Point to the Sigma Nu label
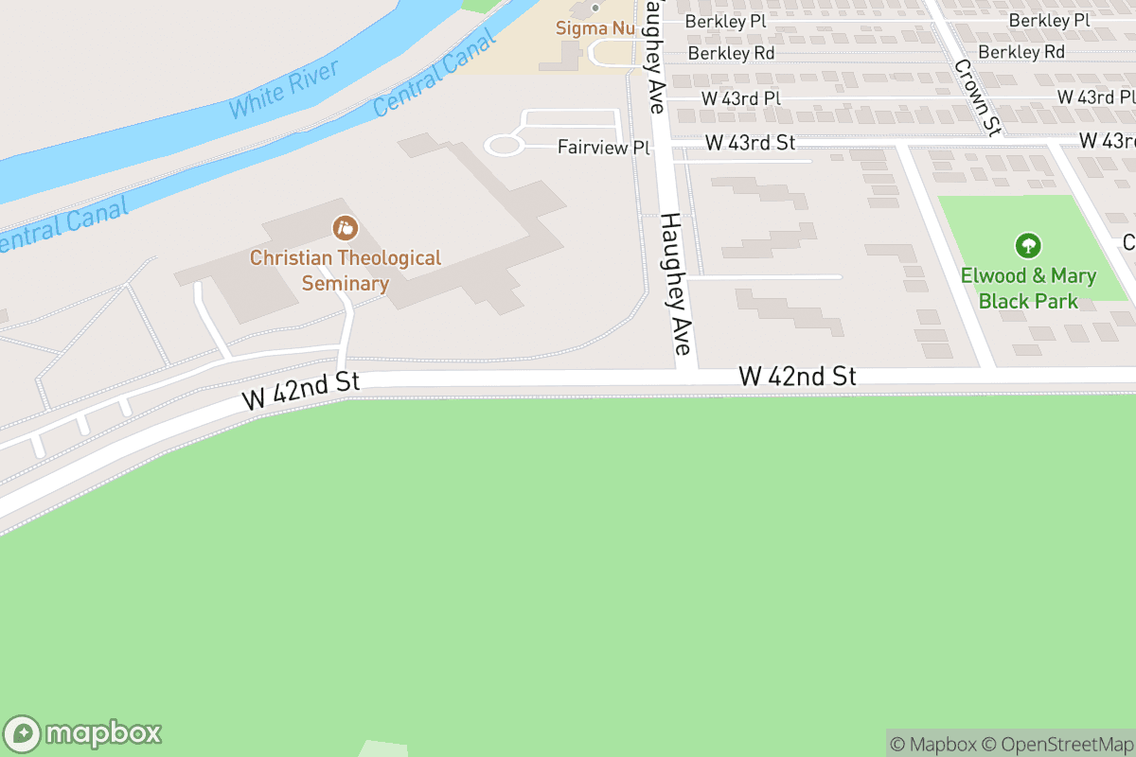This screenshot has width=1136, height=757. point(595,28)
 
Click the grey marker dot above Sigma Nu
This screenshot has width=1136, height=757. point(595,8)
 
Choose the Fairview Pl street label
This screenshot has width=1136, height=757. point(604,148)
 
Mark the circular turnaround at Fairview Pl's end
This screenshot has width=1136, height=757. point(504,146)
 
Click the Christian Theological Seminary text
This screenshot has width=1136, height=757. point(346,271)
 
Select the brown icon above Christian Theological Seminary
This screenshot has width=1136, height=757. point(346,228)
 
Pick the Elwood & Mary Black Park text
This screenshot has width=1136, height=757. point(1028,289)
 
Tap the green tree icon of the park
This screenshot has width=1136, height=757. point(1028,247)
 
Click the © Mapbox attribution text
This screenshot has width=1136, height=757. point(932,744)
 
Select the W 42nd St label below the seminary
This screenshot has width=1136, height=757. point(302,391)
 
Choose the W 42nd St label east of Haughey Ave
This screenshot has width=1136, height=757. point(797,377)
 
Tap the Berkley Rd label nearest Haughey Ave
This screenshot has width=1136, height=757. point(731,53)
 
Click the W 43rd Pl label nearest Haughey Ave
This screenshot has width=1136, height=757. point(740,98)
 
